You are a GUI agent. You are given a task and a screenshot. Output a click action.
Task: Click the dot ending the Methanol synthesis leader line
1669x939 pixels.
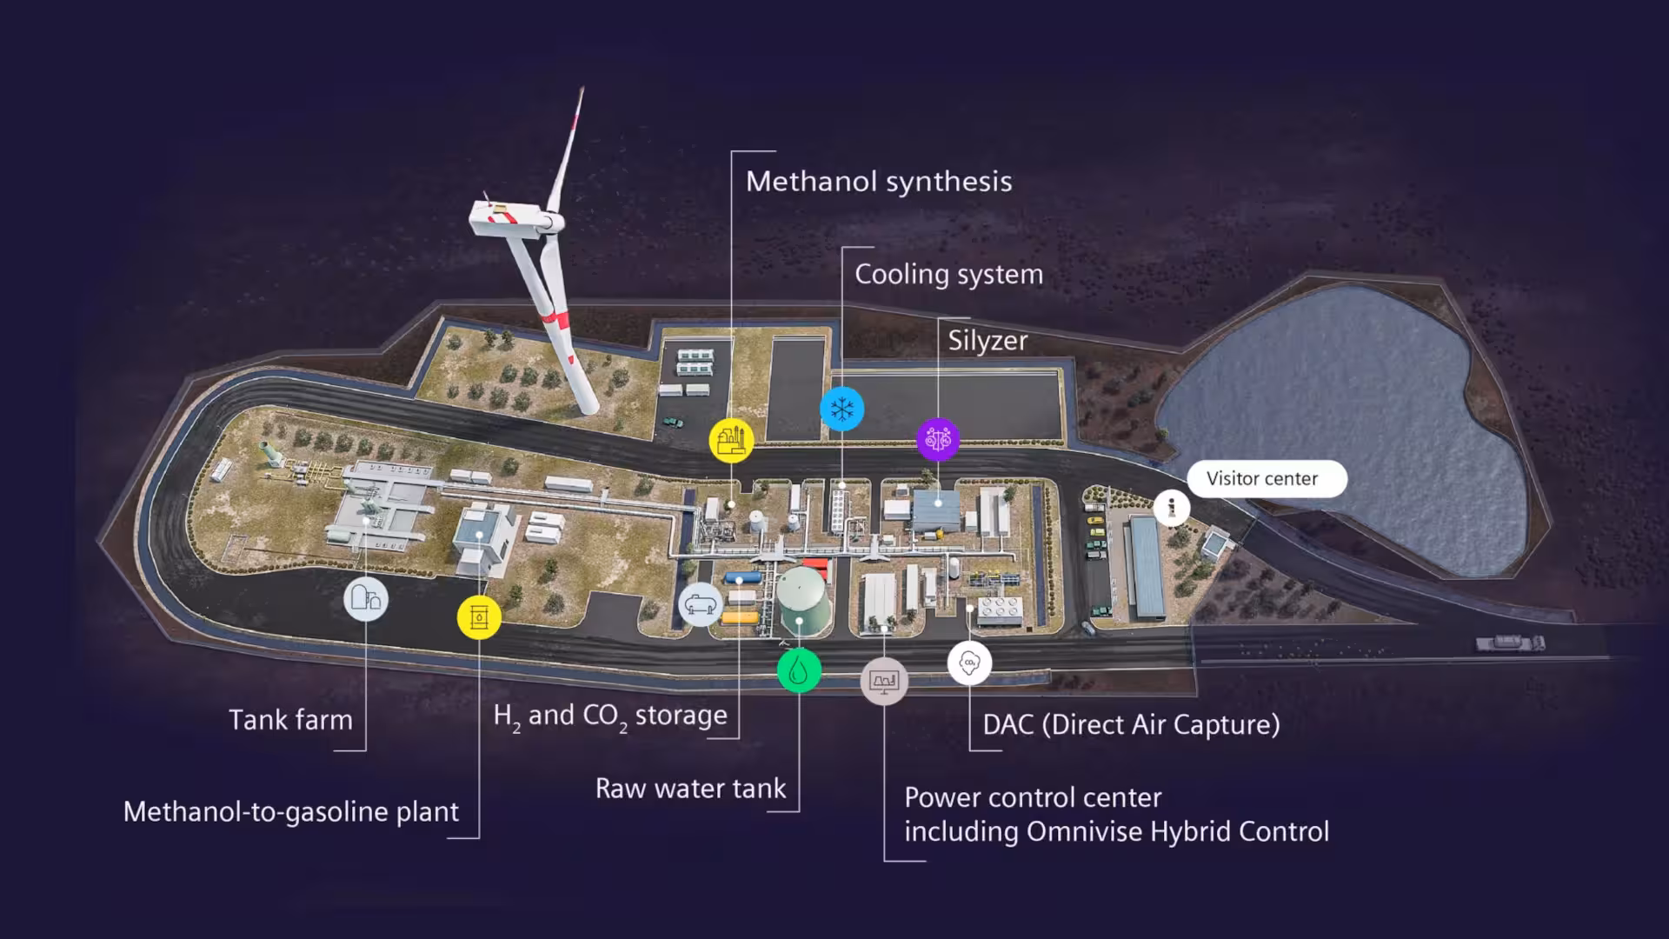[x=732, y=504]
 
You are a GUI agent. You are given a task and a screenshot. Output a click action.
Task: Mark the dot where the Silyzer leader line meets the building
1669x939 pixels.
[x=938, y=503]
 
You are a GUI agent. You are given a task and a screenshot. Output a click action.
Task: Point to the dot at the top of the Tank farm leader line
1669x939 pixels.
[x=366, y=521]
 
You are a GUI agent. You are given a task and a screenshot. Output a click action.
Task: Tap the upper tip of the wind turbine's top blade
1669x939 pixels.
[x=582, y=88]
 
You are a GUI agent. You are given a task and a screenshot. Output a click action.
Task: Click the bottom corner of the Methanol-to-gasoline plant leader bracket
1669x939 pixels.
[x=479, y=838]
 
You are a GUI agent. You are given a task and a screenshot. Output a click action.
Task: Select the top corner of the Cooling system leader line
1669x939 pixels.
[x=843, y=248]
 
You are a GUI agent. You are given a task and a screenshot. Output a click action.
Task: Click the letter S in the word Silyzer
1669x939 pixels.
[x=956, y=340]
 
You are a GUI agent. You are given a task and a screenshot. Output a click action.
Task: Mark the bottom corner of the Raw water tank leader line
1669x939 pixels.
[x=799, y=811]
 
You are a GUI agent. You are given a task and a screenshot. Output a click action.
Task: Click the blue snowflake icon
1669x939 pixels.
[x=841, y=409]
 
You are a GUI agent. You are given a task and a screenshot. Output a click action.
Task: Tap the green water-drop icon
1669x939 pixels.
[x=799, y=671]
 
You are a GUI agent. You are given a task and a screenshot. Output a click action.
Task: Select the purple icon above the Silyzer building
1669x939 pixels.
[x=938, y=439]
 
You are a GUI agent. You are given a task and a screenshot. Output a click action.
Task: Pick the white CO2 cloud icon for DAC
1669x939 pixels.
[x=969, y=663]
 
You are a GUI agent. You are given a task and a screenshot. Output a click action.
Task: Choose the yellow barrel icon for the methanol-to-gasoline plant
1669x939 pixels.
[x=479, y=617]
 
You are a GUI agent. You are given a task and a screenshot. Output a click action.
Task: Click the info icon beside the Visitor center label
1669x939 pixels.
[x=1171, y=508]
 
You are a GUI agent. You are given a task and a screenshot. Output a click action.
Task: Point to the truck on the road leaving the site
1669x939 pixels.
[x=1510, y=643]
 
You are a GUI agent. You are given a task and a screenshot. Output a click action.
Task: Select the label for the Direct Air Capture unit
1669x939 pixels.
[x=1131, y=724]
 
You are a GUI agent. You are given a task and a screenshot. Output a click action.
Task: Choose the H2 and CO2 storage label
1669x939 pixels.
[x=610, y=716]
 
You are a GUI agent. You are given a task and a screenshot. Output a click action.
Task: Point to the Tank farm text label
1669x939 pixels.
[x=290, y=720]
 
